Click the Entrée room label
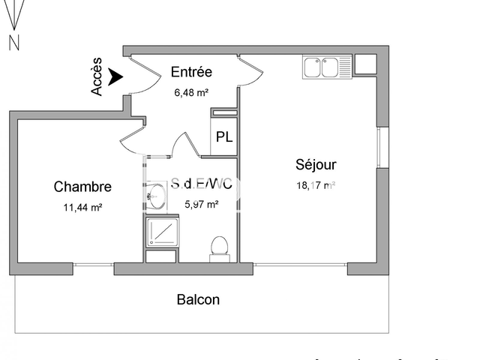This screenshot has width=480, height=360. [x=191, y=72]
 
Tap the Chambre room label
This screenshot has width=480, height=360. [x=82, y=187]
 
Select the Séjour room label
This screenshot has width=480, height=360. [x=316, y=164]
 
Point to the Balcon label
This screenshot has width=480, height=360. [x=198, y=300]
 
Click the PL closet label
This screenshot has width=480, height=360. [x=223, y=137]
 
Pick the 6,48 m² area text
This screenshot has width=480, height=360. [x=191, y=92]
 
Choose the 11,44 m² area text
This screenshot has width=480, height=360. [x=82, y=208]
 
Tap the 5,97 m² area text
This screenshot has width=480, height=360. [x=201, y=203]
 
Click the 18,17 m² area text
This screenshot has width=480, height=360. [x=316, y=186]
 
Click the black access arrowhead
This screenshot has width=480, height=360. [x=115, y=76]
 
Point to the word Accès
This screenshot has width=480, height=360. [x=97, y=78]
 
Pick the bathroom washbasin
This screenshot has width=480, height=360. [x=155, y=199]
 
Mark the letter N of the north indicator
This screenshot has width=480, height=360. [x=13, y=43]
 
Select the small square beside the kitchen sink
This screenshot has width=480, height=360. [x=365, y=64]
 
